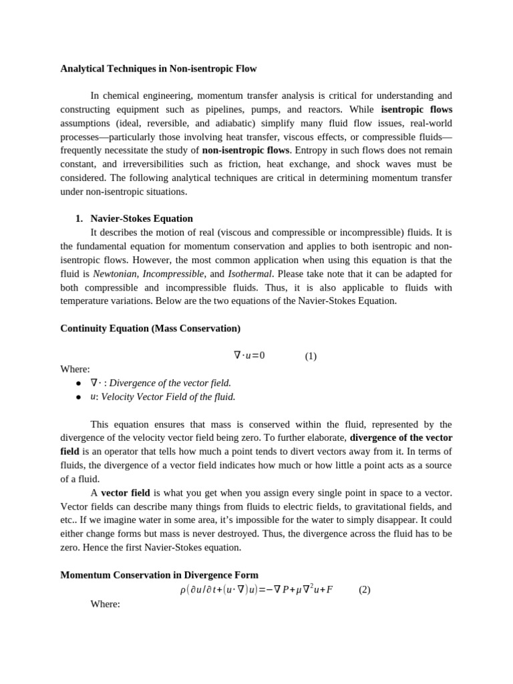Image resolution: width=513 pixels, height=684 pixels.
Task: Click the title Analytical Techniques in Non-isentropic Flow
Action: pos(158,68)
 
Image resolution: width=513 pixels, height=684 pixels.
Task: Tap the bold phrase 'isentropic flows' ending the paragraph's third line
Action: pos(416,109)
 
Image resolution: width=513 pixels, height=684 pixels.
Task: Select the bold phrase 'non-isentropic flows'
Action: pos(246,150)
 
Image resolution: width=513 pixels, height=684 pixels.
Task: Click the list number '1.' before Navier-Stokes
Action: pos(79,218)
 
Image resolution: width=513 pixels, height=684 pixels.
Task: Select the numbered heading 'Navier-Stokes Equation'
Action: pos(142,218)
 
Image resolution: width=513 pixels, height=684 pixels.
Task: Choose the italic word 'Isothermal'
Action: pos(250,274)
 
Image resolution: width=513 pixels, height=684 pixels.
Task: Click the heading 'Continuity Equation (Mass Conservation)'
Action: pos(150,329)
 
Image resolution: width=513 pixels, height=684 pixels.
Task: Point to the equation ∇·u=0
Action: pos(249,355)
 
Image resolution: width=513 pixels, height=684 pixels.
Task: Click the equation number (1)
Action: pos(311,356)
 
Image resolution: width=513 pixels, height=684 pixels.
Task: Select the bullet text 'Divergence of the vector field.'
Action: pos(170,383)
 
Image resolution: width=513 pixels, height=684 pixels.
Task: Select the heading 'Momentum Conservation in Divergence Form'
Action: pos(159,575)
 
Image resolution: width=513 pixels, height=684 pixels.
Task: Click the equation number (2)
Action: pos(364,590)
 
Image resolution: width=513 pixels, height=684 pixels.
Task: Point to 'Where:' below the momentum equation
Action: pos(105,604)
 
